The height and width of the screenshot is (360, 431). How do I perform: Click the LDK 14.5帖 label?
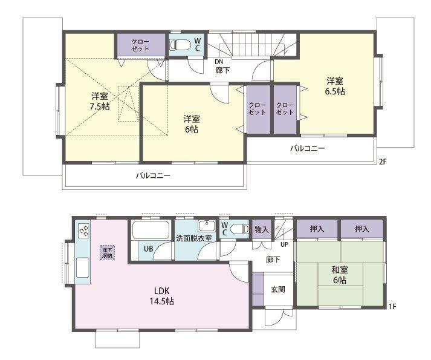(161, 296)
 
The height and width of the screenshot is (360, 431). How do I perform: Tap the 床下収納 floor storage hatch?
(107, 253)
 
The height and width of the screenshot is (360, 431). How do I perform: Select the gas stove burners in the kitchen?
(84, 231)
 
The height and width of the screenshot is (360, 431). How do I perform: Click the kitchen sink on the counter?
(82, 267)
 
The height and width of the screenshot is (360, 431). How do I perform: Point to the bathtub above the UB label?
(151, 231)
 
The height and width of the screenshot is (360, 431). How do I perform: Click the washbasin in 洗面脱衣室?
(207, 226)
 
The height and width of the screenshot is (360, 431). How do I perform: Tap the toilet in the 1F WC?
(239, 229)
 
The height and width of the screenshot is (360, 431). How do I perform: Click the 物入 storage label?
(261, 229)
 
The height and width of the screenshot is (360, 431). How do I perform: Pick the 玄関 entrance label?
(278, 290)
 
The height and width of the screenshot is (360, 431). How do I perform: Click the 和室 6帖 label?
(340, 275)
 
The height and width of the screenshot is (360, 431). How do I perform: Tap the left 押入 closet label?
(317, 229)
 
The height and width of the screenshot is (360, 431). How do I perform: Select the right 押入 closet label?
(361, 229)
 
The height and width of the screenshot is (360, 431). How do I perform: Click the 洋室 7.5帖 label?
(100, 101)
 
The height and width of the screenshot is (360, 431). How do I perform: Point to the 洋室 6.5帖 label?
(335, 86)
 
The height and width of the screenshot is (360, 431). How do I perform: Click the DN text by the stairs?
(219, 62)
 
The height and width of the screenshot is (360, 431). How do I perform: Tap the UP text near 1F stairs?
(284, 244)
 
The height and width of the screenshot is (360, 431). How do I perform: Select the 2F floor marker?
(383, 162)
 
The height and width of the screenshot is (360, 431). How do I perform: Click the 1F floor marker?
(392, 306)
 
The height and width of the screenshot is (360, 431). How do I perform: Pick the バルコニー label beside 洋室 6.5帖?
(308, 149)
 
